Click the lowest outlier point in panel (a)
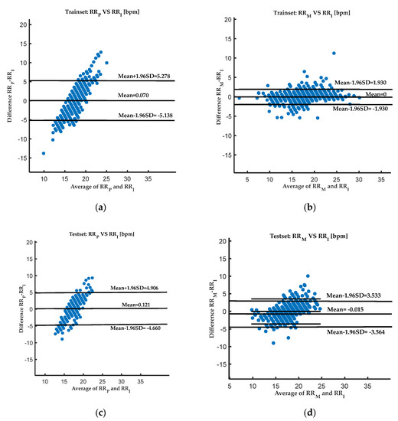pos(43,153)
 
